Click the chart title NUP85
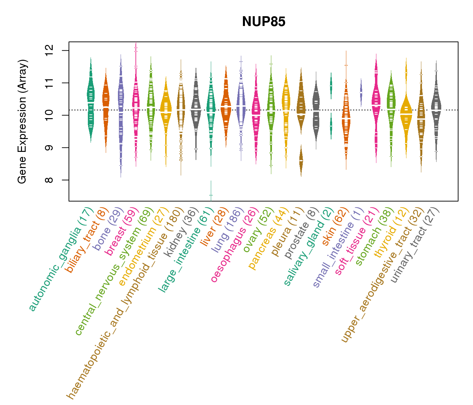coord(264,22)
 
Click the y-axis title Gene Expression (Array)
coord(22,122)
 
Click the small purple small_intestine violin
coord(361,92)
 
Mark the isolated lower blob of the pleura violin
coord(301,161)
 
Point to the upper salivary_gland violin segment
coord(331,84)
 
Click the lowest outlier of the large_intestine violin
coord(211,195)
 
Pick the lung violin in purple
coord(241,101)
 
